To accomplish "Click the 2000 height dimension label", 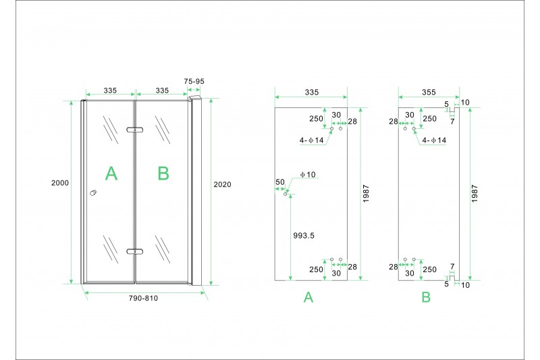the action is (60, 183).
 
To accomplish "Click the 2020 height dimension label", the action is (222, 184).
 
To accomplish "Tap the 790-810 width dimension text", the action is (143, 298).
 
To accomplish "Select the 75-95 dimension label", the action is (194, 81).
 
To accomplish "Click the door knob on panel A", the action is (93, 192).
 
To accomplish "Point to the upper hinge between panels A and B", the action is (134, 130).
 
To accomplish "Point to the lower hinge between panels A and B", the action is (134, 251).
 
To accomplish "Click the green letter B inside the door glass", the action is (163, 174).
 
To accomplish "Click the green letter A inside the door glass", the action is (111, 174).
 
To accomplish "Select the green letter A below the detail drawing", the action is (308, 297).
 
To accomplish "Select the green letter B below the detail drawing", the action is (426, 297).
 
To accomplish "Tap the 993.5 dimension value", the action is (304, 236).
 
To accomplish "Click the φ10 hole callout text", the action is (308, 175).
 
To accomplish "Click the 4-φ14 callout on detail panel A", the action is (312, 140).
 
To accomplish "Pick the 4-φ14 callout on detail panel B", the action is (434, 140).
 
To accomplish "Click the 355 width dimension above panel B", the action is (429, 93).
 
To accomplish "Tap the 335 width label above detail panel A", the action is (312, 93).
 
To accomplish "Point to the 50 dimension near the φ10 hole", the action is (280, 182).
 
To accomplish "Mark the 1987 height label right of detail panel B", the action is (475, 194).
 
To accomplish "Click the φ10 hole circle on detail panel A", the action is (285, 195).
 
